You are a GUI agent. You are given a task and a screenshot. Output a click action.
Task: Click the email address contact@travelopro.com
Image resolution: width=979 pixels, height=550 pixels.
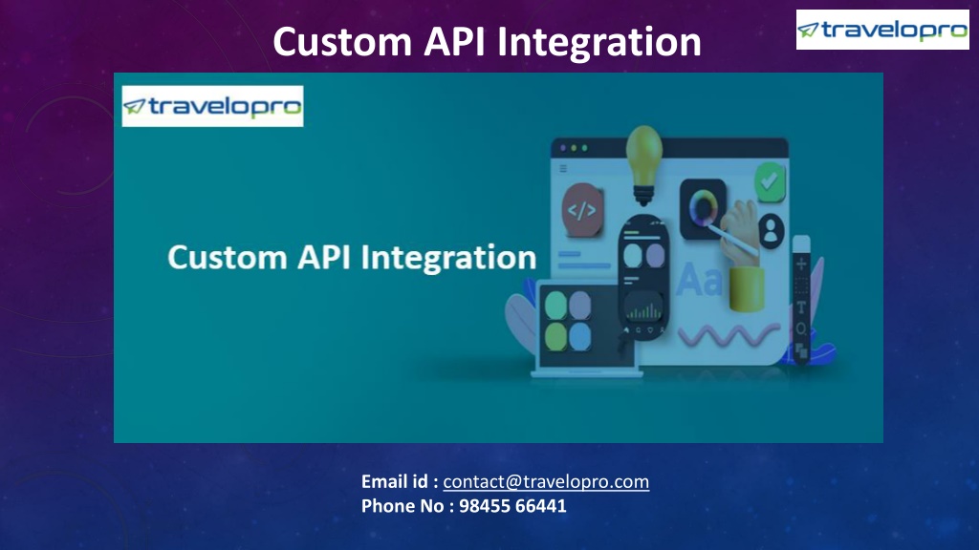[546, 482]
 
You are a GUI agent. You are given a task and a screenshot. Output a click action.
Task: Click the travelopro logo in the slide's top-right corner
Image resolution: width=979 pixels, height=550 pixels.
[869, 30]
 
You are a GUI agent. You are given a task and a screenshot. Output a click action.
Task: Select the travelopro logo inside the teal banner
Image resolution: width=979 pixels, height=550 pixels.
[212, 106]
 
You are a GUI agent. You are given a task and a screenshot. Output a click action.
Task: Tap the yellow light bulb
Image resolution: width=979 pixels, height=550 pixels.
[643, 158]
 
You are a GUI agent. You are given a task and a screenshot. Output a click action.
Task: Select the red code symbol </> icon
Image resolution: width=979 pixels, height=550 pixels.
[581, 211]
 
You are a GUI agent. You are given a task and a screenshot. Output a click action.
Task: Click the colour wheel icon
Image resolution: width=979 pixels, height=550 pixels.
[704, 206]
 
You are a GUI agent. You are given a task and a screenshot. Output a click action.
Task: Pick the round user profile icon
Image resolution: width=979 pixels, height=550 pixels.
[771, 229]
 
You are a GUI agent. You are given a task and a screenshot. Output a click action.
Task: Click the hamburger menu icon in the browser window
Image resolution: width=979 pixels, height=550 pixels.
[563, 169]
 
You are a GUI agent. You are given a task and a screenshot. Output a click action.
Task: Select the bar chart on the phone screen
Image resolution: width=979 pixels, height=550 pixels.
[643, 308]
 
